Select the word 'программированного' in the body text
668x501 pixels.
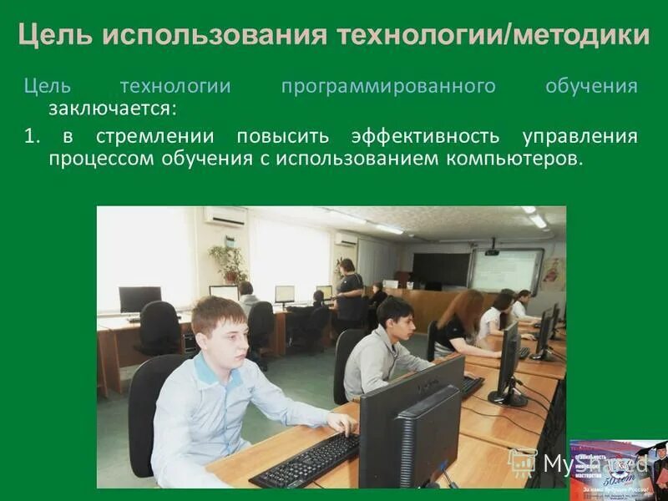[x=388, y=87]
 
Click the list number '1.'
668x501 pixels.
[x=32, y=137]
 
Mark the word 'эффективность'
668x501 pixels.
[x=425, y=137]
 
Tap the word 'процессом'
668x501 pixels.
[x=97, y=159]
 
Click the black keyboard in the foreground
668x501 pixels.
[x=305, y=460]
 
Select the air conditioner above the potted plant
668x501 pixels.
[x=225, y=216]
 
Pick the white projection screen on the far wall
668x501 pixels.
[x=506, y=270]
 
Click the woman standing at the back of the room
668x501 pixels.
[x=349, y=288]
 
